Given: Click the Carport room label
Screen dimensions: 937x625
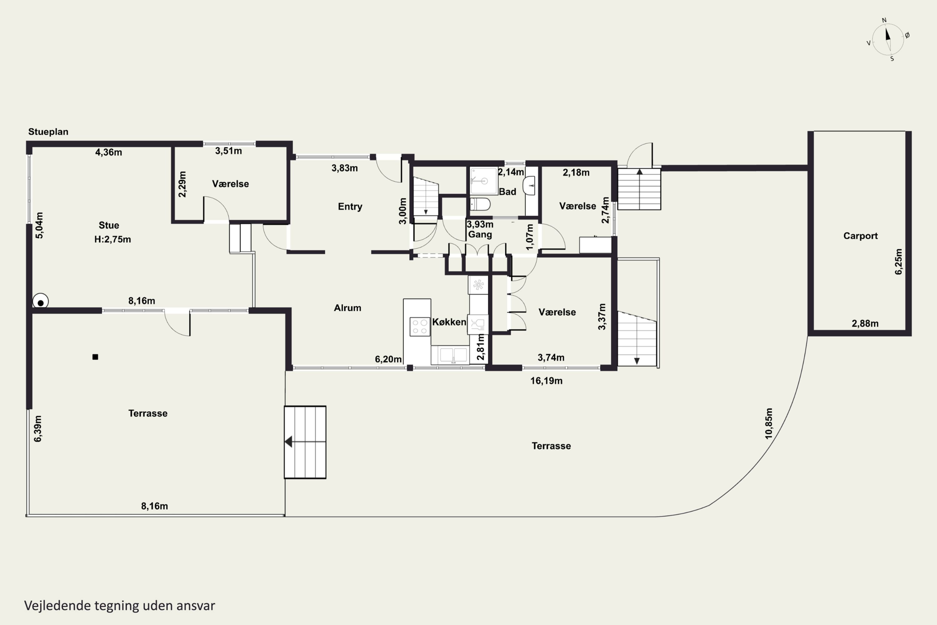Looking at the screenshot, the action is (860, 236).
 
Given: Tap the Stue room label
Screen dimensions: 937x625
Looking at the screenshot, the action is (109, 225).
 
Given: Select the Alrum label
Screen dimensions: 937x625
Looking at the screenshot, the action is (347, 308).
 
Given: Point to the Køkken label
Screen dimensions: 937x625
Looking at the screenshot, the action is (449, 322).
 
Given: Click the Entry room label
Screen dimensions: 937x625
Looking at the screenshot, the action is (350, 207).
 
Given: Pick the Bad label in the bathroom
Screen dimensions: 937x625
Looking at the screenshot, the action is (508, 192).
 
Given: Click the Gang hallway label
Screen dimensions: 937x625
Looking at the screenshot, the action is (480, 234).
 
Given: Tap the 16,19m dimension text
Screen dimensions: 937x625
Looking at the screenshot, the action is (546, 381).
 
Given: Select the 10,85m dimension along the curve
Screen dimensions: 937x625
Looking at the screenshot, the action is (768, 423).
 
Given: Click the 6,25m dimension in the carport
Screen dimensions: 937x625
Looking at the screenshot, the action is (898, 262).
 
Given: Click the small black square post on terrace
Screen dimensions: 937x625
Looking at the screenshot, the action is (95, 357).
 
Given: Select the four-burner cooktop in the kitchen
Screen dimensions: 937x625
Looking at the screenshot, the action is (419, 327).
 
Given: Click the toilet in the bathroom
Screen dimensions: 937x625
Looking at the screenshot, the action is (480, 204).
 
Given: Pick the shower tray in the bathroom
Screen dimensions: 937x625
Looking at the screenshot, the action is (483, 181).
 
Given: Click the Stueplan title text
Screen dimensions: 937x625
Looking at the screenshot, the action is (48, 132).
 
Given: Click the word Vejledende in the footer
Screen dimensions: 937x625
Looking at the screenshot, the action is (57, 606).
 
